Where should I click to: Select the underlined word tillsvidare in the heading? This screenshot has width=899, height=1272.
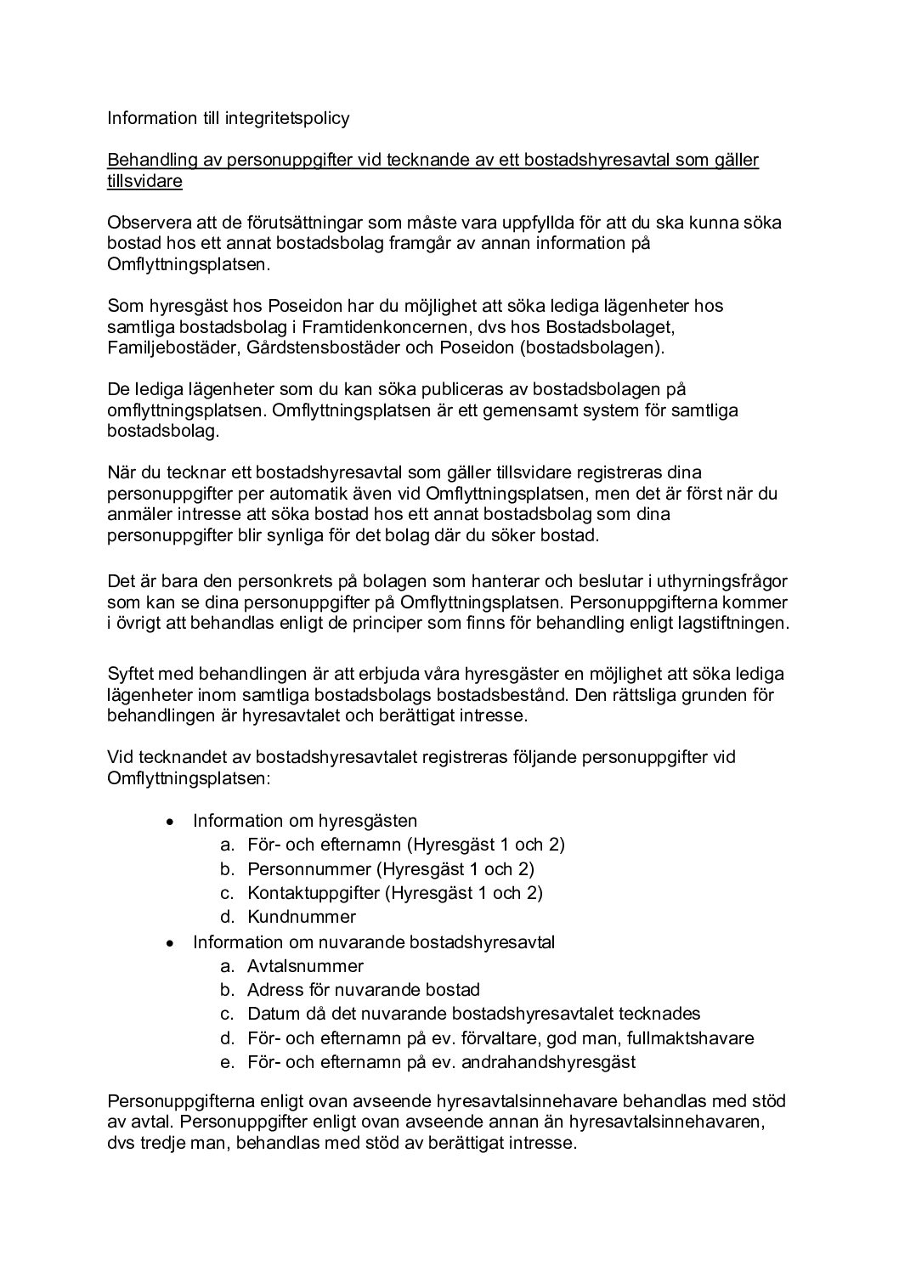coord(144,182)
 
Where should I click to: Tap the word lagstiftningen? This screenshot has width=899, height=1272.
coord(732,623)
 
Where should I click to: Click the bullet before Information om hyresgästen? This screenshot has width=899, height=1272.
coord(171,822)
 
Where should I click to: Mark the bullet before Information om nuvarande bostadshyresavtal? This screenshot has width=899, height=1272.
coord(171,942)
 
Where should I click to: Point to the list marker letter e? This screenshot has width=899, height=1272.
coord(226,1062)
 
